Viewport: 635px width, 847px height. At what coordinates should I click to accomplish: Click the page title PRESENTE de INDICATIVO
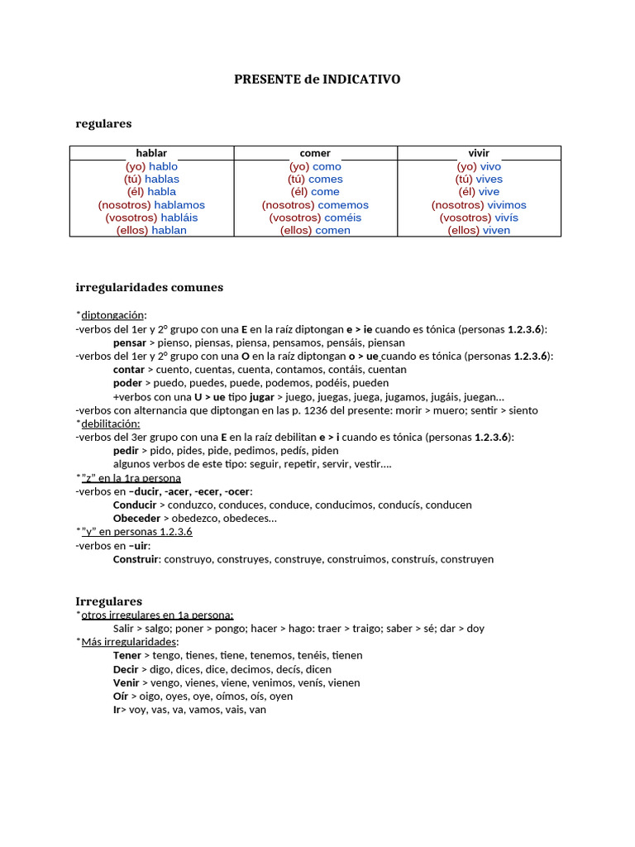coord(317,79)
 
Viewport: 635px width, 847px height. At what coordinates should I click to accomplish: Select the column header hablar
coord(151,153)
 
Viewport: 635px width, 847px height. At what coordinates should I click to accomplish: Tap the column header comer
coord(315,153)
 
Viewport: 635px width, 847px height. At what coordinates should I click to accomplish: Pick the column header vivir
coord(479,153)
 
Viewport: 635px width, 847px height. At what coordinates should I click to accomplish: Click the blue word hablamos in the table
coord(179,205)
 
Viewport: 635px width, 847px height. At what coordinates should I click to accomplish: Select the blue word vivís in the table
coord(507,218)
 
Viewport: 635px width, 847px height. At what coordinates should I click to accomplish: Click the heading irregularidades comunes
coord(149,288)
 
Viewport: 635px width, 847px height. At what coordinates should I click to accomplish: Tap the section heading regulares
coord(103,123)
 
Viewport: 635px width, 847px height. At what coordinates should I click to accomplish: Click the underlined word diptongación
coord(112,315)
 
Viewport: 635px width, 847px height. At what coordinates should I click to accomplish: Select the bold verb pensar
coord(129,342)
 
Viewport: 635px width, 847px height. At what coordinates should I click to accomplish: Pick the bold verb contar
coord(129,370)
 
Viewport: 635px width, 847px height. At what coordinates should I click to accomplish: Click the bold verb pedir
coord(126,451)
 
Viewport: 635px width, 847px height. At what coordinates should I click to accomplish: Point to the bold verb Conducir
coord(135,505)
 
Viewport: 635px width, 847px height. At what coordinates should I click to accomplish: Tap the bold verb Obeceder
coord(136,519)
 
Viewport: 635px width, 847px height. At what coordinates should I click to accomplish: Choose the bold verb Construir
coord(136,559)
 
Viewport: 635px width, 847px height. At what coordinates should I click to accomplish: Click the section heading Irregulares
coord(108,601)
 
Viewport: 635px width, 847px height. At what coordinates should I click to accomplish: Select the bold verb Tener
coord(127,655)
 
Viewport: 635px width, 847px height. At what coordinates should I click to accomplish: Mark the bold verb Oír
coord(121,696)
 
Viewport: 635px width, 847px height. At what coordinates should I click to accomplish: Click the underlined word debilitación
coord(111,423)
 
